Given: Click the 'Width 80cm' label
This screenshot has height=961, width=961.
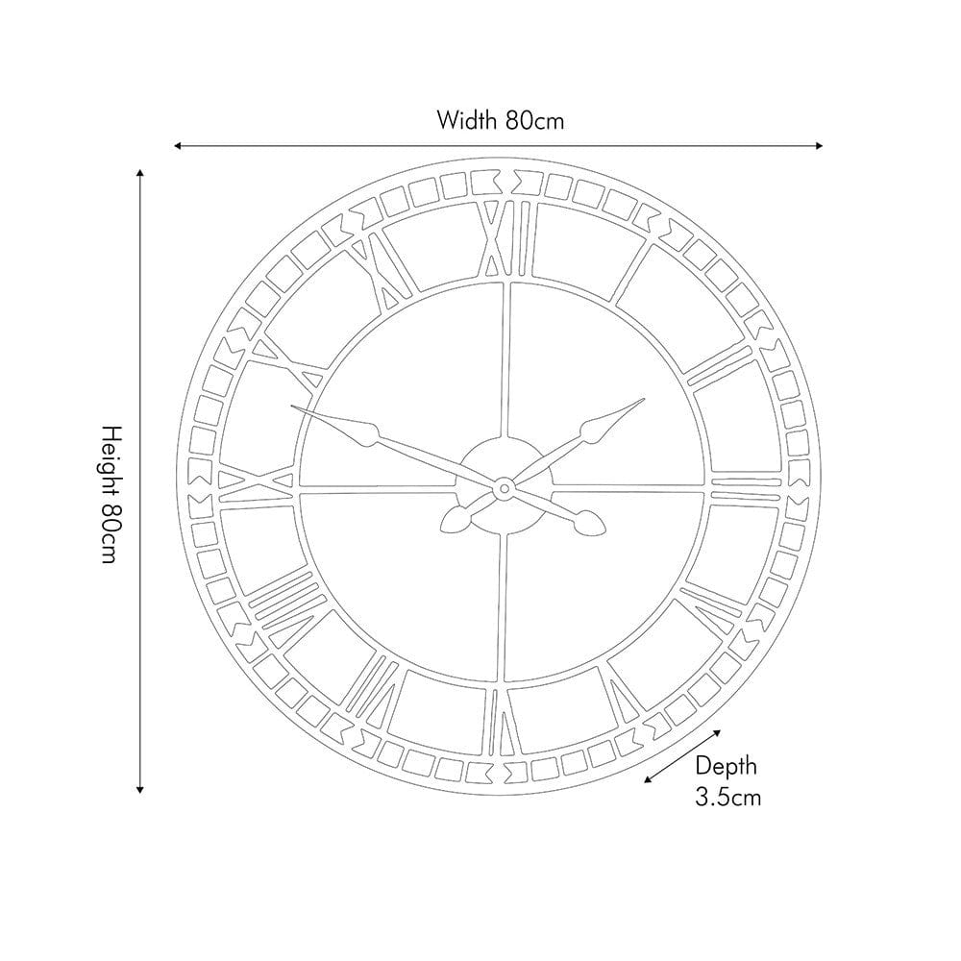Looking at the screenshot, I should click(499, 120).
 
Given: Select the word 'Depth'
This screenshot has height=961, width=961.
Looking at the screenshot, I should click(726, 766).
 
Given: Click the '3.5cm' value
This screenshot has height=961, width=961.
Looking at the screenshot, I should click(727, 796).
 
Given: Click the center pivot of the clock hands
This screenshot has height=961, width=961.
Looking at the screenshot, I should click(501, 489).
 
